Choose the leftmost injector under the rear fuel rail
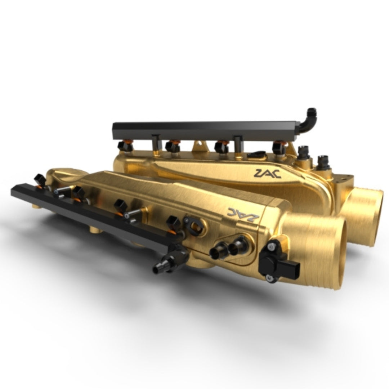pyautogui.click(x=124, y=146)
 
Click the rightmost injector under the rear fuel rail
pyautogui.click(x=280, y=148)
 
